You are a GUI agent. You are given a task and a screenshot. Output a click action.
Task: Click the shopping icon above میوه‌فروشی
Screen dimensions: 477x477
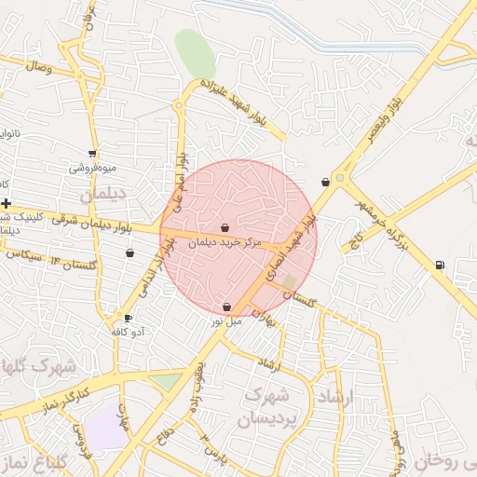92,154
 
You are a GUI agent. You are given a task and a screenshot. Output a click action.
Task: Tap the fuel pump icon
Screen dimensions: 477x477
440,265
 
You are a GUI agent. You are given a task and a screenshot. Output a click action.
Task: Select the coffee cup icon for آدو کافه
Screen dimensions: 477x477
129,318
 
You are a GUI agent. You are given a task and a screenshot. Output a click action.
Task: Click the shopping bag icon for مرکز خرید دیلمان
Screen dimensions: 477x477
225,227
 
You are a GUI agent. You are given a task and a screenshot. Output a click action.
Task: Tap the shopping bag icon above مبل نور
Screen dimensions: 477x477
227,307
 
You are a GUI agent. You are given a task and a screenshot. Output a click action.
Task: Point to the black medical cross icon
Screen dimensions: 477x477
7,203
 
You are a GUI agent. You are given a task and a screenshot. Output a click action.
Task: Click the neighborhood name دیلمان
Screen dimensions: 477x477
102,196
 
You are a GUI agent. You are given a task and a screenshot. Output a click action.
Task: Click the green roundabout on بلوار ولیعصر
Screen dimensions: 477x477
340,177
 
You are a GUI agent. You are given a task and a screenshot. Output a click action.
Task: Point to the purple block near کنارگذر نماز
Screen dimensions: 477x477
105,429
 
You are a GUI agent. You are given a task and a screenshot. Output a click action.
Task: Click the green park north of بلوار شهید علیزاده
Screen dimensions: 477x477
195,54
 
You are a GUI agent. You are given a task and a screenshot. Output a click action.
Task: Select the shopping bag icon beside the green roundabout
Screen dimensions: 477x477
324,183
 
